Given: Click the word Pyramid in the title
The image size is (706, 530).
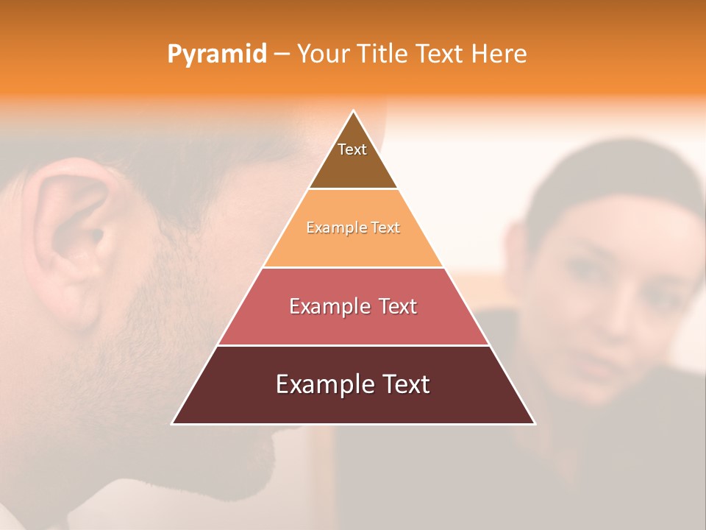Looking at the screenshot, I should coord(216,54).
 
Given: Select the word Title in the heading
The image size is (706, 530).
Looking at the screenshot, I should coord(383,54).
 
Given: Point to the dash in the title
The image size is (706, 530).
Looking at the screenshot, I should coord(282,54).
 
